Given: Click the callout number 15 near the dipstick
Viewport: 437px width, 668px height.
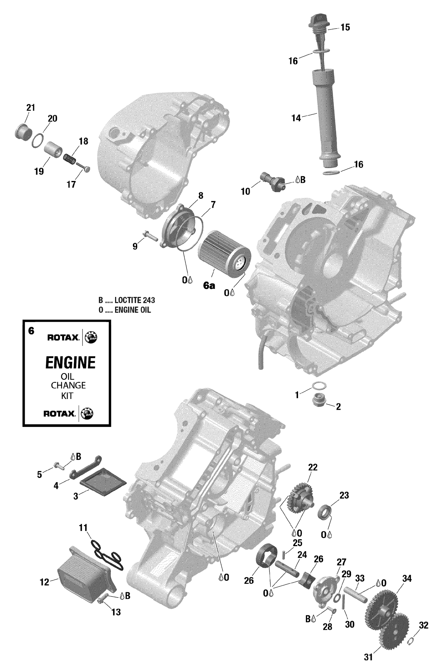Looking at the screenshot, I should pyautogui.click(x=345, y=28).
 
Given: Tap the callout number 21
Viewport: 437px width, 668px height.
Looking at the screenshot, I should pyautogui.click(x=31, y=108).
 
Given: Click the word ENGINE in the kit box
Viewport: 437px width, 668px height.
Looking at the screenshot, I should pyautogui.click(x=70, y=363).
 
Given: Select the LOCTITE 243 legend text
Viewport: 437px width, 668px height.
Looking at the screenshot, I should pyautogui.click(x=135, y=300).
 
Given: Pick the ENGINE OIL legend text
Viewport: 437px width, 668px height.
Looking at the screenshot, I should pyautogui.click(x=133, y=310).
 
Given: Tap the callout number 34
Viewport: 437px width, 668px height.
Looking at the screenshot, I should pyautogui.click(x=407, y=579).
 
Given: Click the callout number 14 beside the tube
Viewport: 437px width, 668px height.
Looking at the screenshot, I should pyautogui.click(x=296, y=118).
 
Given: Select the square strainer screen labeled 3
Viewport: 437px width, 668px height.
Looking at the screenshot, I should pyautogui.click(x=103, y=482).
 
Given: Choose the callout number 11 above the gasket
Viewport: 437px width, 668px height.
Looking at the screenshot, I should pyautogui.click(x=83, y=528).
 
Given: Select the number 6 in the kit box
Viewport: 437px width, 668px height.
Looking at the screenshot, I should pyautogui.click(x=31, y=331).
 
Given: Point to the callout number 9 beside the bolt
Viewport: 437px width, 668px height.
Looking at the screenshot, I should pyautogui.click(x=135, y=247).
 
